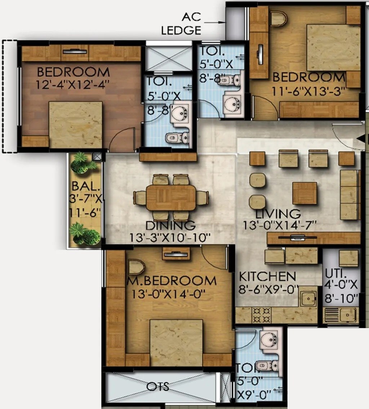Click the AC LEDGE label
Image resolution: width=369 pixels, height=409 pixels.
pyautogui.click(x=181, y=23)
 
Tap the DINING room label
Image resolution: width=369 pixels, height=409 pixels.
pyautogui.click(x=171, y=226)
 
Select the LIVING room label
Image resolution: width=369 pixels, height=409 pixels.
pyautogui.click(x=278, y=213)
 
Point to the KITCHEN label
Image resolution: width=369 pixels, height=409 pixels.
pyautogui.click(x=268, y=276)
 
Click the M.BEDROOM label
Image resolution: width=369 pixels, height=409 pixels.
pyautogui.click(x=172, y=281)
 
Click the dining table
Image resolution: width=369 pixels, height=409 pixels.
pyautogui.click(x=171, y=197)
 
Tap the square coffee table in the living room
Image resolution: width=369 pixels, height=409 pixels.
pyautogui.click(x=304, y=193)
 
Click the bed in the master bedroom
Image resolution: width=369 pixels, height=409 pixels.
pyautogui.click(x=176, y=342)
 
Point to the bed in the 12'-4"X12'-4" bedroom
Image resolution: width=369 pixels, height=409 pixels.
pyautogui.click(x=75, y=124)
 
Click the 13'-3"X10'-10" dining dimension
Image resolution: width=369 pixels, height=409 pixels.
pyautogui.click(x=170, y=238)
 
